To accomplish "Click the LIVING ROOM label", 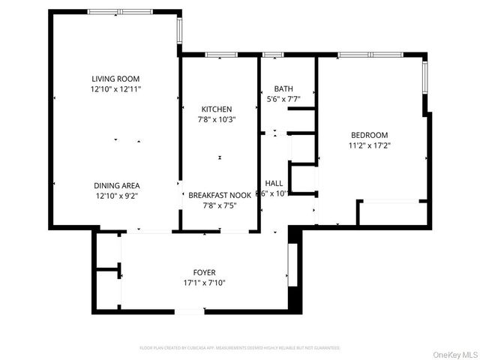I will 115,79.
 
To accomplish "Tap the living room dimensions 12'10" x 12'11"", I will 115,88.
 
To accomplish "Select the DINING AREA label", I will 116,185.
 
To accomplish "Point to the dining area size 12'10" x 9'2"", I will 116,196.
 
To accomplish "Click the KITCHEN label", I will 216,109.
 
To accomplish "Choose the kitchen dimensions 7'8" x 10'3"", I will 216,119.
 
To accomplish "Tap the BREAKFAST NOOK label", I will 219,195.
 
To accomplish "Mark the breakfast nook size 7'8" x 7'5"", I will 219,205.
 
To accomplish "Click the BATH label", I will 283,88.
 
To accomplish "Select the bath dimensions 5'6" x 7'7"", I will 283,98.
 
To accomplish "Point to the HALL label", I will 274,183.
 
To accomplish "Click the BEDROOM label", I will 370,135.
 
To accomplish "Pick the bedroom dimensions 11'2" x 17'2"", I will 370,145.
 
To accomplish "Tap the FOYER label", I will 204,272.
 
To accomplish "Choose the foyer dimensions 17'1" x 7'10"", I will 204,283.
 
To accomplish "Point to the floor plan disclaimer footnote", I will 240,348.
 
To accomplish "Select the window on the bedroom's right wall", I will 425,75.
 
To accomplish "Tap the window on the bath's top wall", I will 273,55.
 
